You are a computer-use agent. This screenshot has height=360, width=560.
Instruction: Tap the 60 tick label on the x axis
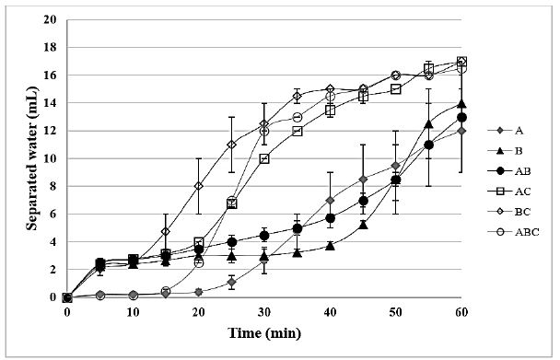(x=461, y=312)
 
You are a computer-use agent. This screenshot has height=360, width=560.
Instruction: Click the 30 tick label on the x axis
(x=264, y=312)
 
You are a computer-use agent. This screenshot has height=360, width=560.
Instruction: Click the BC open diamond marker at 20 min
(x=199, y=186)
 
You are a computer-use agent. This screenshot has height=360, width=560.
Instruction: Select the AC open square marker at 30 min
(x=264, y=158)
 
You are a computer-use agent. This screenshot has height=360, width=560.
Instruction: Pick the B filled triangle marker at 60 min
(x=461, y=103)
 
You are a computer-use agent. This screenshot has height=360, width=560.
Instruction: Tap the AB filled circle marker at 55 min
(x=428, y=145)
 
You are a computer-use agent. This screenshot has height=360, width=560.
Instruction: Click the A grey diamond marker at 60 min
(x=461, y=131)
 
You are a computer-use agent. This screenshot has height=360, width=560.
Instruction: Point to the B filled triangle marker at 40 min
(x=330, y=246)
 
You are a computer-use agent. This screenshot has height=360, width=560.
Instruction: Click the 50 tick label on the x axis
(x=396, y=312)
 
